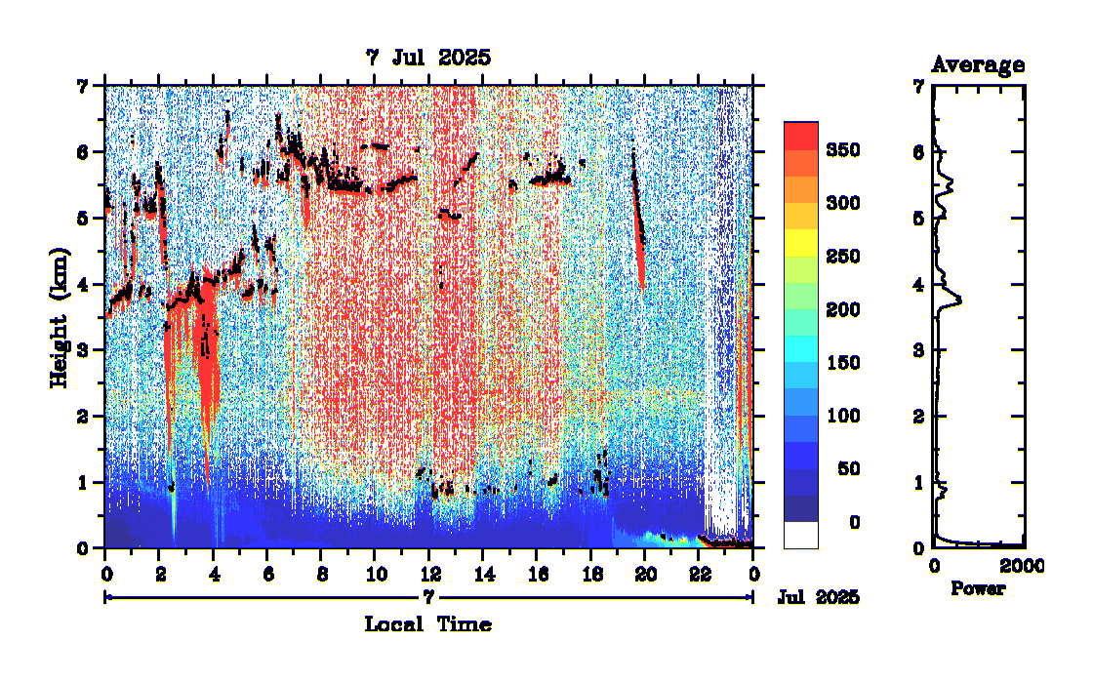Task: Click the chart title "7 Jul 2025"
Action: tap(428, 59)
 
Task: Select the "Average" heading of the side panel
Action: tap(978, 65)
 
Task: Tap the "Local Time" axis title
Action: tap(428, 624)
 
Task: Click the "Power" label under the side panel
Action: tap(978, 589)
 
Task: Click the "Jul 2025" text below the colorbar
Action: tap(819, 597)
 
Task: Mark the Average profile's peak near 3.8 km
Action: tap(960, 300)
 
